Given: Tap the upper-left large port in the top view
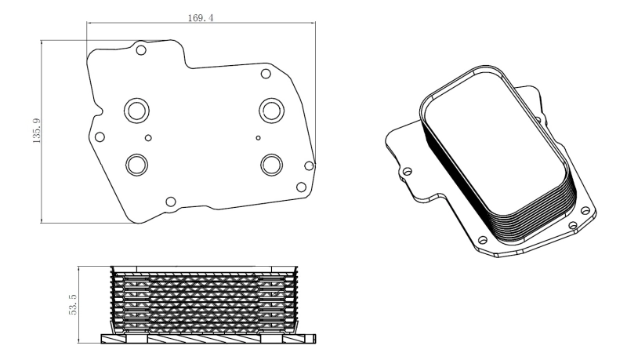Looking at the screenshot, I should pos(135,110).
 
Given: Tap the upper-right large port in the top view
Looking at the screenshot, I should pos(271,109).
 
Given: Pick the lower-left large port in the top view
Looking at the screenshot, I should pos(137,164).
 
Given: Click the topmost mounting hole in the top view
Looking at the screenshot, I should pos(141,51).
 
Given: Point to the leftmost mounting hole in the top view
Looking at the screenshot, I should pos(100,137).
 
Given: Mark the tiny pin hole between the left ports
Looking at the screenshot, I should pos(149,136).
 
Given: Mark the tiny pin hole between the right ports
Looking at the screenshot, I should pos(259,137).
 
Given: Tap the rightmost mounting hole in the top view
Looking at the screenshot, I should pos(309,165).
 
